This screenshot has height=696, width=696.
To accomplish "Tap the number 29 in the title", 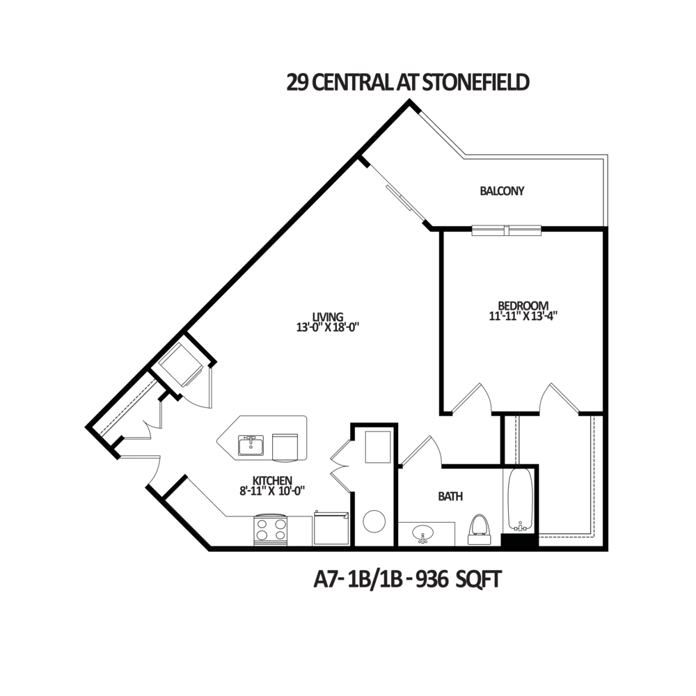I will (x=296, y=84).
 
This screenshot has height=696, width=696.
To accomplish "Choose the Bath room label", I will (x=445, y=496).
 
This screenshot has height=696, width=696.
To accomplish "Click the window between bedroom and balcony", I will (x=507, y=231).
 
